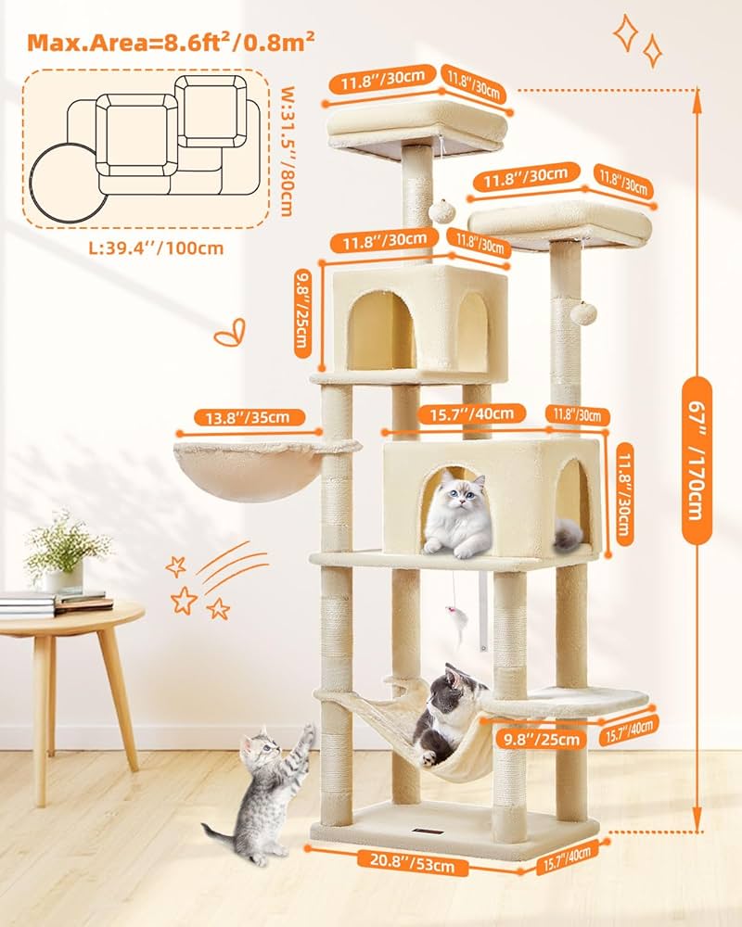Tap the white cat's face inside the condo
tap(458, 490)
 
